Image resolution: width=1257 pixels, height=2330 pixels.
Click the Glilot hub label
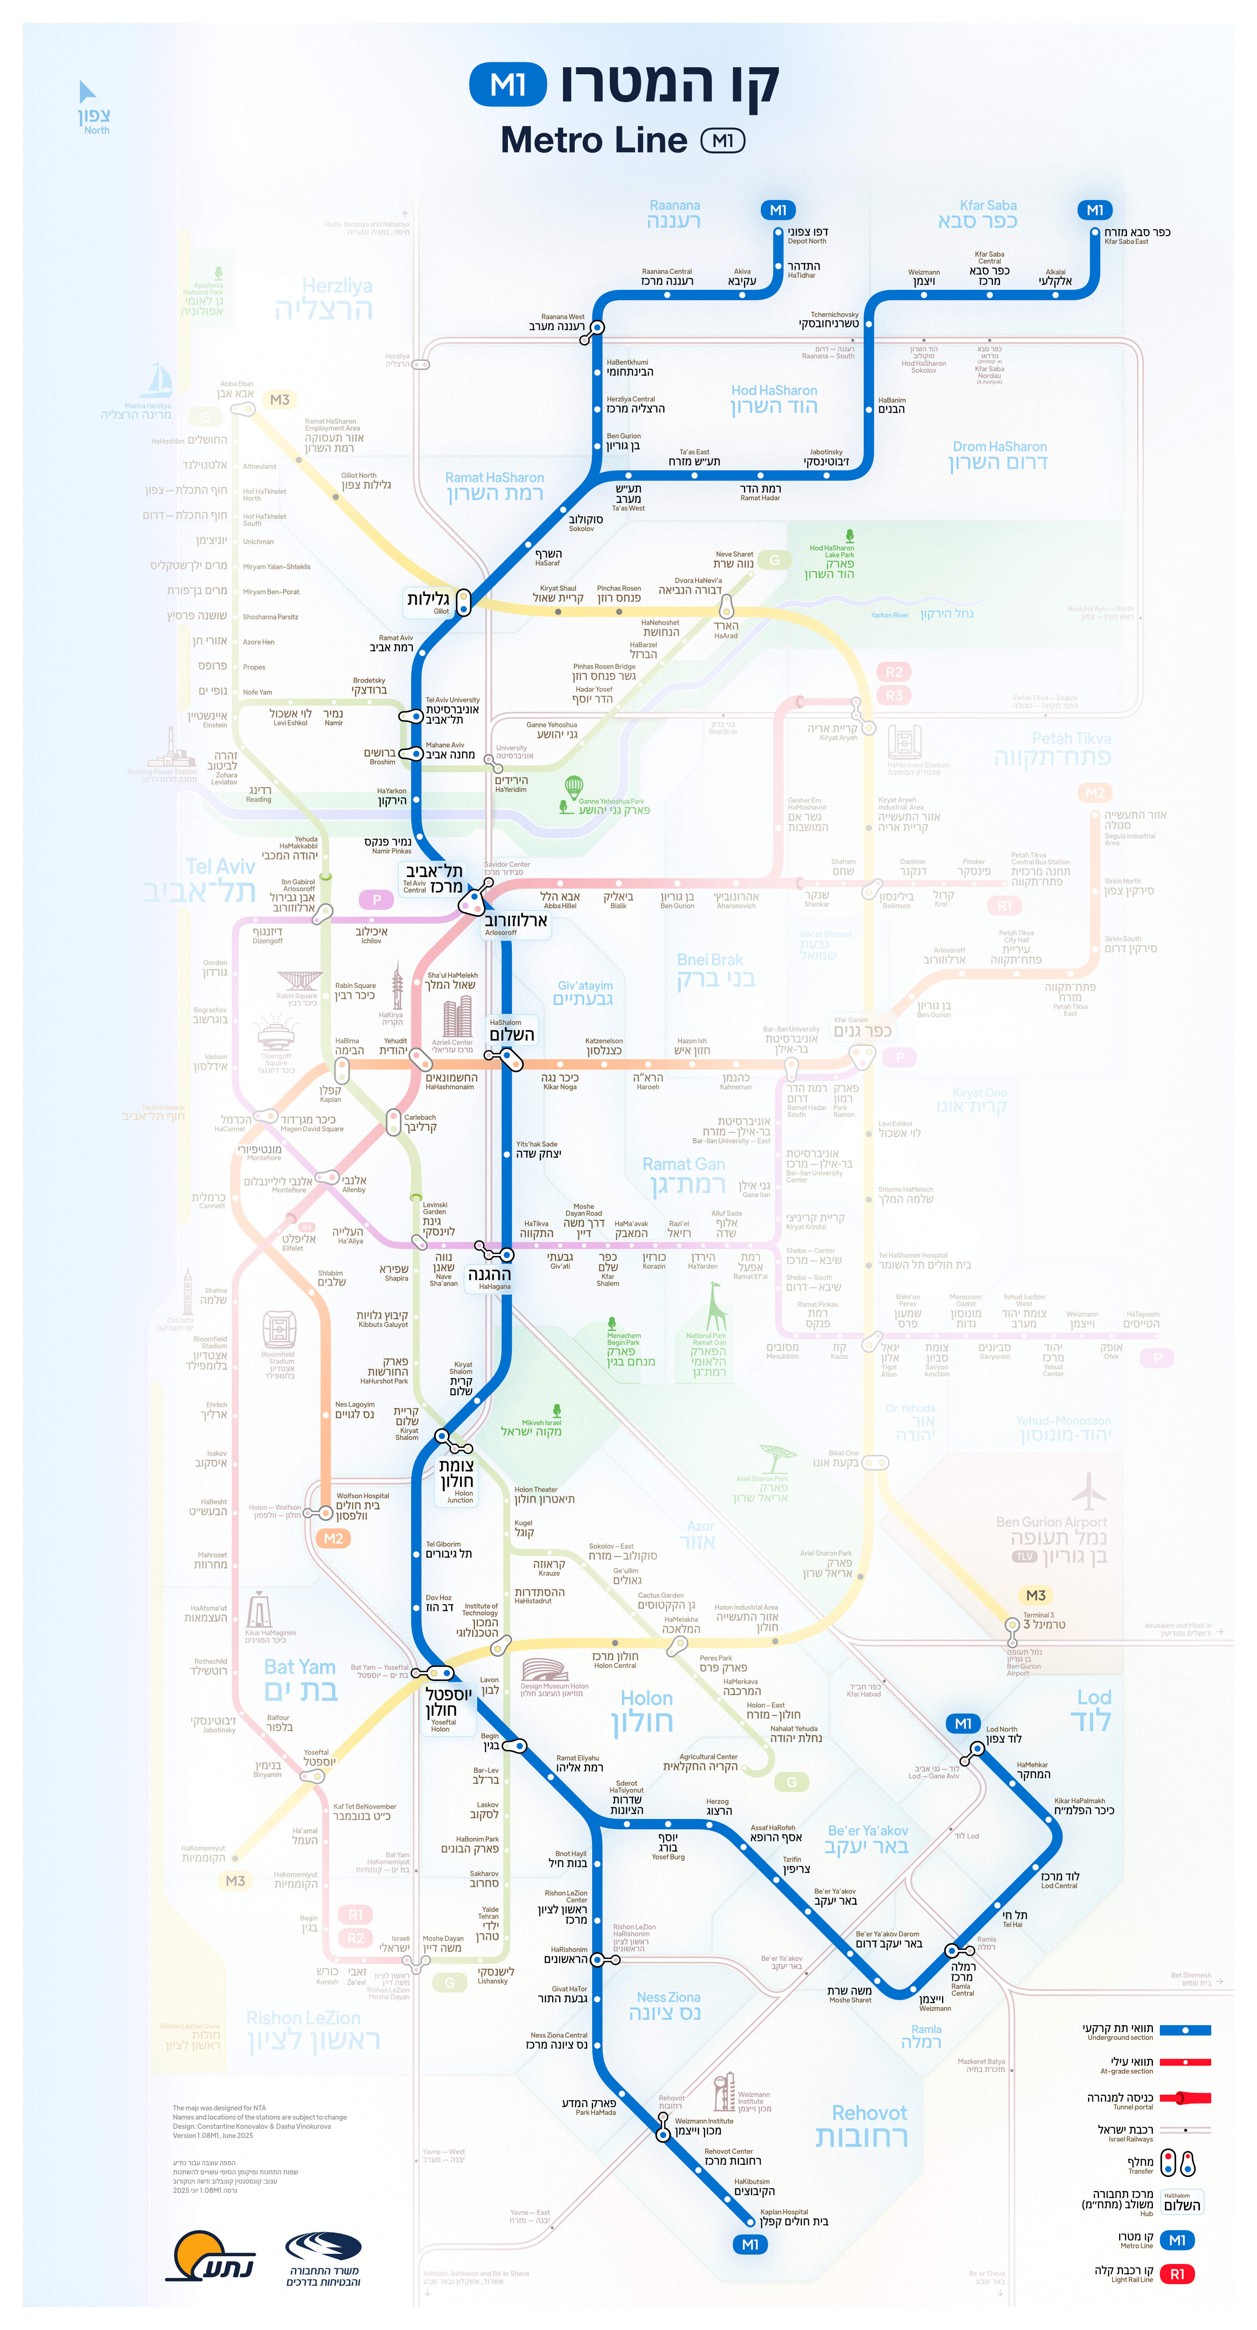coord(429,601)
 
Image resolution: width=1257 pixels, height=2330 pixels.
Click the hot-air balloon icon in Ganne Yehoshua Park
coord(573,787)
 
